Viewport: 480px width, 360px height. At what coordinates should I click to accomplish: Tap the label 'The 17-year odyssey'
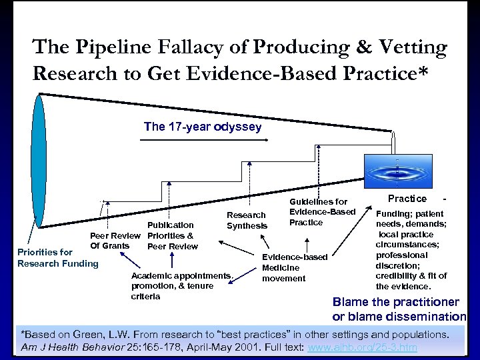[x=203, y=126]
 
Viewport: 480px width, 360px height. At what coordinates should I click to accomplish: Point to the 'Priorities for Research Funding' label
[x=57, y=257]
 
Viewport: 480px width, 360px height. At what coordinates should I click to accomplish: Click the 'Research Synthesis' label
[x=247, y=221]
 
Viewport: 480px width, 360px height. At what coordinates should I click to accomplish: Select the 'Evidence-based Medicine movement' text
[x=294, y=267]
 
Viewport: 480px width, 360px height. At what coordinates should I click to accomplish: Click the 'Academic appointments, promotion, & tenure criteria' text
[x=181, y=285]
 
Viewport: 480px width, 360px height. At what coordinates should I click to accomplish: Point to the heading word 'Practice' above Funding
[x=407, y=199]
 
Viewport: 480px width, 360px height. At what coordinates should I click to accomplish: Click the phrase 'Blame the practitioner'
[x=399, y=302]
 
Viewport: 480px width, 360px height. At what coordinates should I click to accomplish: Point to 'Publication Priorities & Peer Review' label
[x=171, y=235]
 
